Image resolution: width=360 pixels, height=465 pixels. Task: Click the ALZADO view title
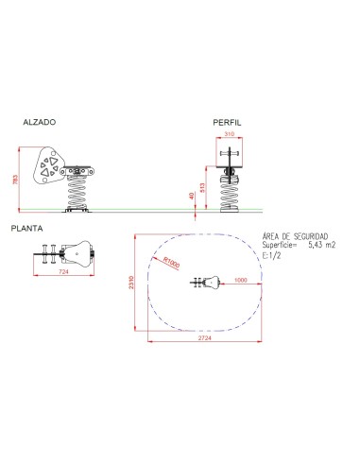click(40, 122)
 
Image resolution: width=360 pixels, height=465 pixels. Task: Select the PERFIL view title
click(227, 123)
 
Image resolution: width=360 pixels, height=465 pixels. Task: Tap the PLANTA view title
click(26, 229)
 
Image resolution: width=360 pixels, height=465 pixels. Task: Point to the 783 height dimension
click(16, 180)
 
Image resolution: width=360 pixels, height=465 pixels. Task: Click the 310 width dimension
click(229, 134)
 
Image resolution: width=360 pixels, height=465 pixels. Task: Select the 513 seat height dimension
click(202, 188)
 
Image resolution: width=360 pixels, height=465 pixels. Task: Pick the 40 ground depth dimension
click(192, 196)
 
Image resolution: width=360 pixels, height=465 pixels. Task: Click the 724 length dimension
click(63, 271)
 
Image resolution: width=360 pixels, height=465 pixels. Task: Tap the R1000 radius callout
click(171, 263)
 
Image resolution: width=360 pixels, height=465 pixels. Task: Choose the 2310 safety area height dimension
click(131, 283)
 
